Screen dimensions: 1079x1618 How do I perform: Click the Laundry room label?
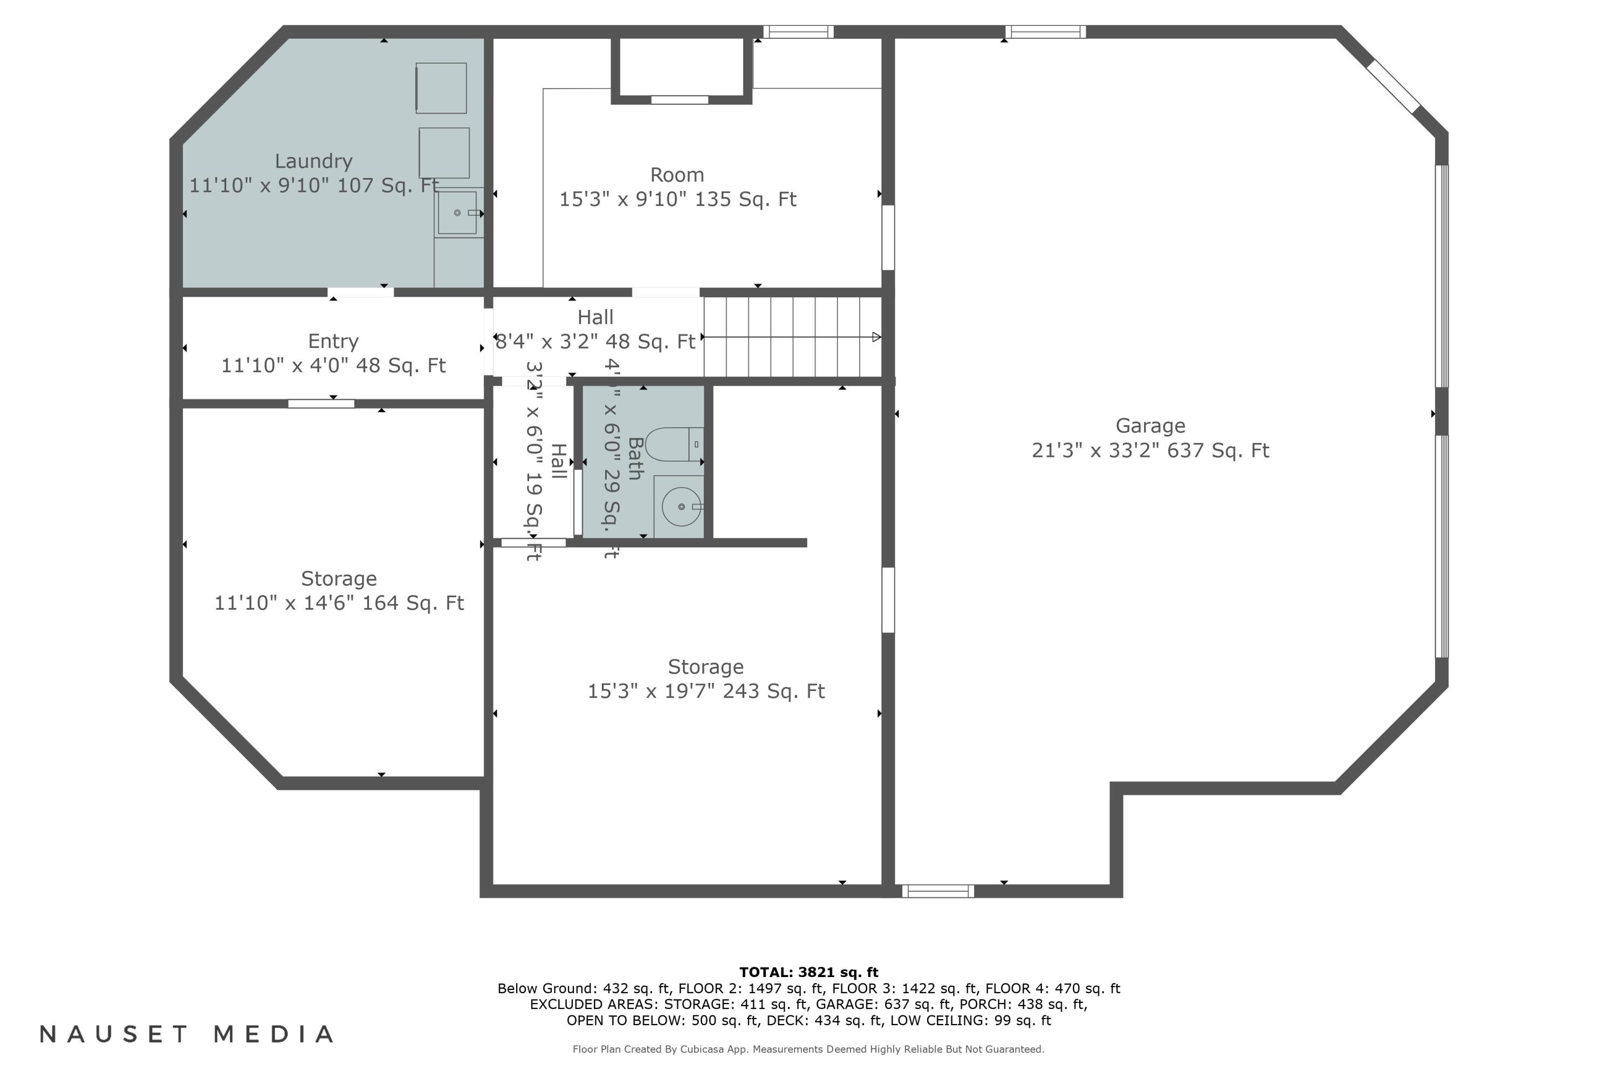click(314, 161)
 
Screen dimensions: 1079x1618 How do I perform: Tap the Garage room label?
click(1150, 426)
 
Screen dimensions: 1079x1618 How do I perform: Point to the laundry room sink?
click(457, 213)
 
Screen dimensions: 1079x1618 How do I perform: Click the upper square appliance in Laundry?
click(441, 88)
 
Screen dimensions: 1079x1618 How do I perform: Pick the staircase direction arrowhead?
click(876, 337)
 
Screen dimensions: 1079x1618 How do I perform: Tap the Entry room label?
click(333, 342)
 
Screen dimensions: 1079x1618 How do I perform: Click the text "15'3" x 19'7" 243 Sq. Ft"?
click(706, 691)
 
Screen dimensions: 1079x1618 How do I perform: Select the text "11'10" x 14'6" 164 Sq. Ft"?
click(339, 603)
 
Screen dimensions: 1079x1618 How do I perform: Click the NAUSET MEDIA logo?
click(187, 1034)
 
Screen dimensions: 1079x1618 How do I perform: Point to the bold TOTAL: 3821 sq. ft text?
click(808, 972)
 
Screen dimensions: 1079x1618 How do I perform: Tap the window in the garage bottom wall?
click(938, 891)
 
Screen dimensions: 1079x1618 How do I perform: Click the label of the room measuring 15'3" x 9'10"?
click(677, 175)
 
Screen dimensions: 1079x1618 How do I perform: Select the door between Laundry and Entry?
click(360, 292)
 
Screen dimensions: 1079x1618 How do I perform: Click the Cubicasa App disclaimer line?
click(808, 1049)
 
